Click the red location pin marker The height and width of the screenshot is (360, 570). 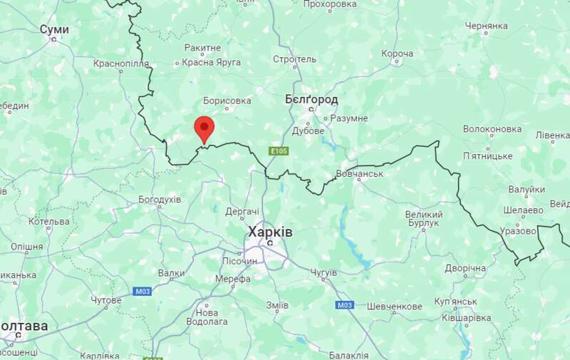(x=204, y=130)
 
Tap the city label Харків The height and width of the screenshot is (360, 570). (x=269, y=232)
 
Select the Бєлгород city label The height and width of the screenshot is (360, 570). (x=311, y=99)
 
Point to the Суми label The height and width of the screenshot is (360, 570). (x=54, y=29)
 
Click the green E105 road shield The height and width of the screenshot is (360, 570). (x=278, y=151)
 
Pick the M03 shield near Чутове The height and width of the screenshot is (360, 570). (x=142, y=291)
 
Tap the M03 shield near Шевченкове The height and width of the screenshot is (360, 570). (x=344, y=305)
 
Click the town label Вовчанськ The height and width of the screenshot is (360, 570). (x=359, y=173)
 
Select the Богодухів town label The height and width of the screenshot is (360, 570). (x=160, y=199)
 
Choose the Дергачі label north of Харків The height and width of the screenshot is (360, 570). (x=242, y=212)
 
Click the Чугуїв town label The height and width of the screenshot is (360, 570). (x=329, y=272)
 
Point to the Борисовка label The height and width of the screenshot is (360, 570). (x=227, y=101)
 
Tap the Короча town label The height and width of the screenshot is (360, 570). (x=397, y=53)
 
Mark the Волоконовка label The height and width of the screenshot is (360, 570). (x=492, y=129)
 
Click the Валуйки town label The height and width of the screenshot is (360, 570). (x=527, y=190)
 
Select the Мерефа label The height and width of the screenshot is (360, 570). (x=233, y=279)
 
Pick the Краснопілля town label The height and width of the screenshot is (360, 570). (x=121, y=63)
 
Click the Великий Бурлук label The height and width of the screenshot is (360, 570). (x=423, y=219)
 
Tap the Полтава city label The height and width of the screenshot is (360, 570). (x=24, y=326)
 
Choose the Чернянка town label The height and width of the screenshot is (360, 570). (x=485, y=25)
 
